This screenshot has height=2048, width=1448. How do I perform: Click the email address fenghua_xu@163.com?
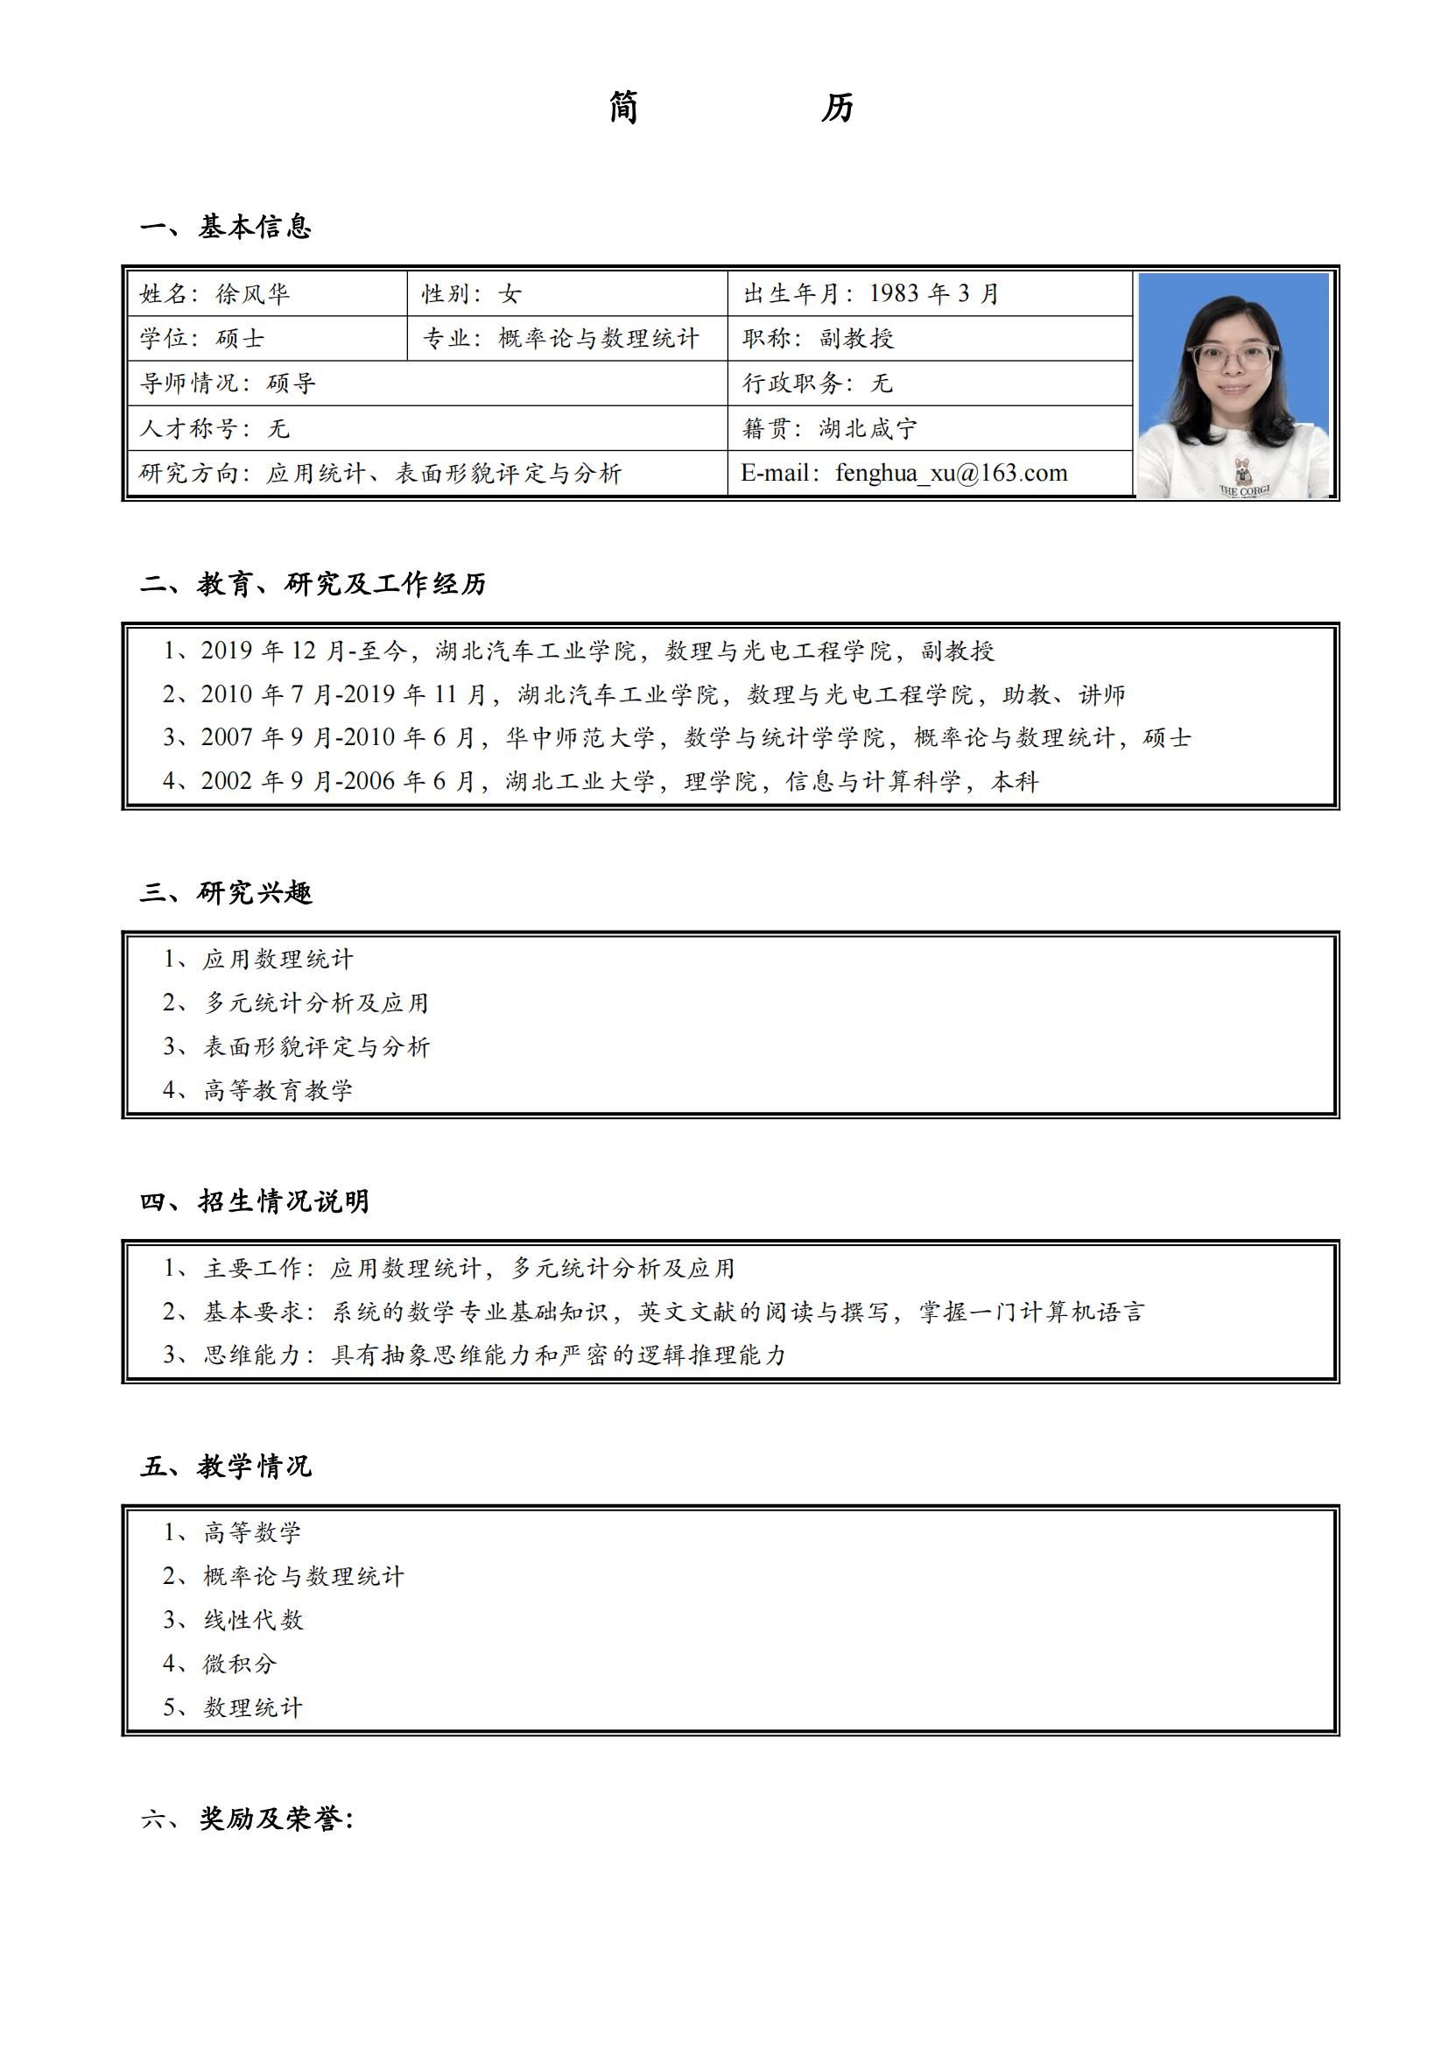point(951,473)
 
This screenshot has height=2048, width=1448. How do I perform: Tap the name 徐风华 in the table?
point(252,293)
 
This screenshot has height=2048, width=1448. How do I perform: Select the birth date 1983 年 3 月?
point(933,293)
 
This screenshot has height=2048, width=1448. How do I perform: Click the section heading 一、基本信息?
point(226,227)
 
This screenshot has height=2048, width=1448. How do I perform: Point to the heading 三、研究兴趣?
point(226,892)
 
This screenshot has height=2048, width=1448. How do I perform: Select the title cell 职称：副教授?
point(818,338)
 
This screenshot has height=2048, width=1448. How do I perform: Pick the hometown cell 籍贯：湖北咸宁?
point(829,428)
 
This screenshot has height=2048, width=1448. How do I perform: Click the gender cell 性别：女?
point(472,293)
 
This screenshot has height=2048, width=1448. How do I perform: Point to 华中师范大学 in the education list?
point(580,737)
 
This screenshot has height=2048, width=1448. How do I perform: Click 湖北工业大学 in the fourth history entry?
point(580,781)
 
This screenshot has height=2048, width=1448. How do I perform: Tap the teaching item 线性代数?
point(253,1619)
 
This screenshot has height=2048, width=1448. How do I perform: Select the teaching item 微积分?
point(240,1663)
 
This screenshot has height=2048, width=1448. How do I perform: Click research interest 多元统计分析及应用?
point(316,1003)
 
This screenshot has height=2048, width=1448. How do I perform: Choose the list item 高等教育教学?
point(278,1089)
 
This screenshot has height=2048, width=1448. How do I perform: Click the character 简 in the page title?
point(623,108)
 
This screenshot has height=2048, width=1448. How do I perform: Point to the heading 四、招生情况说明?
point(254,1200)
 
